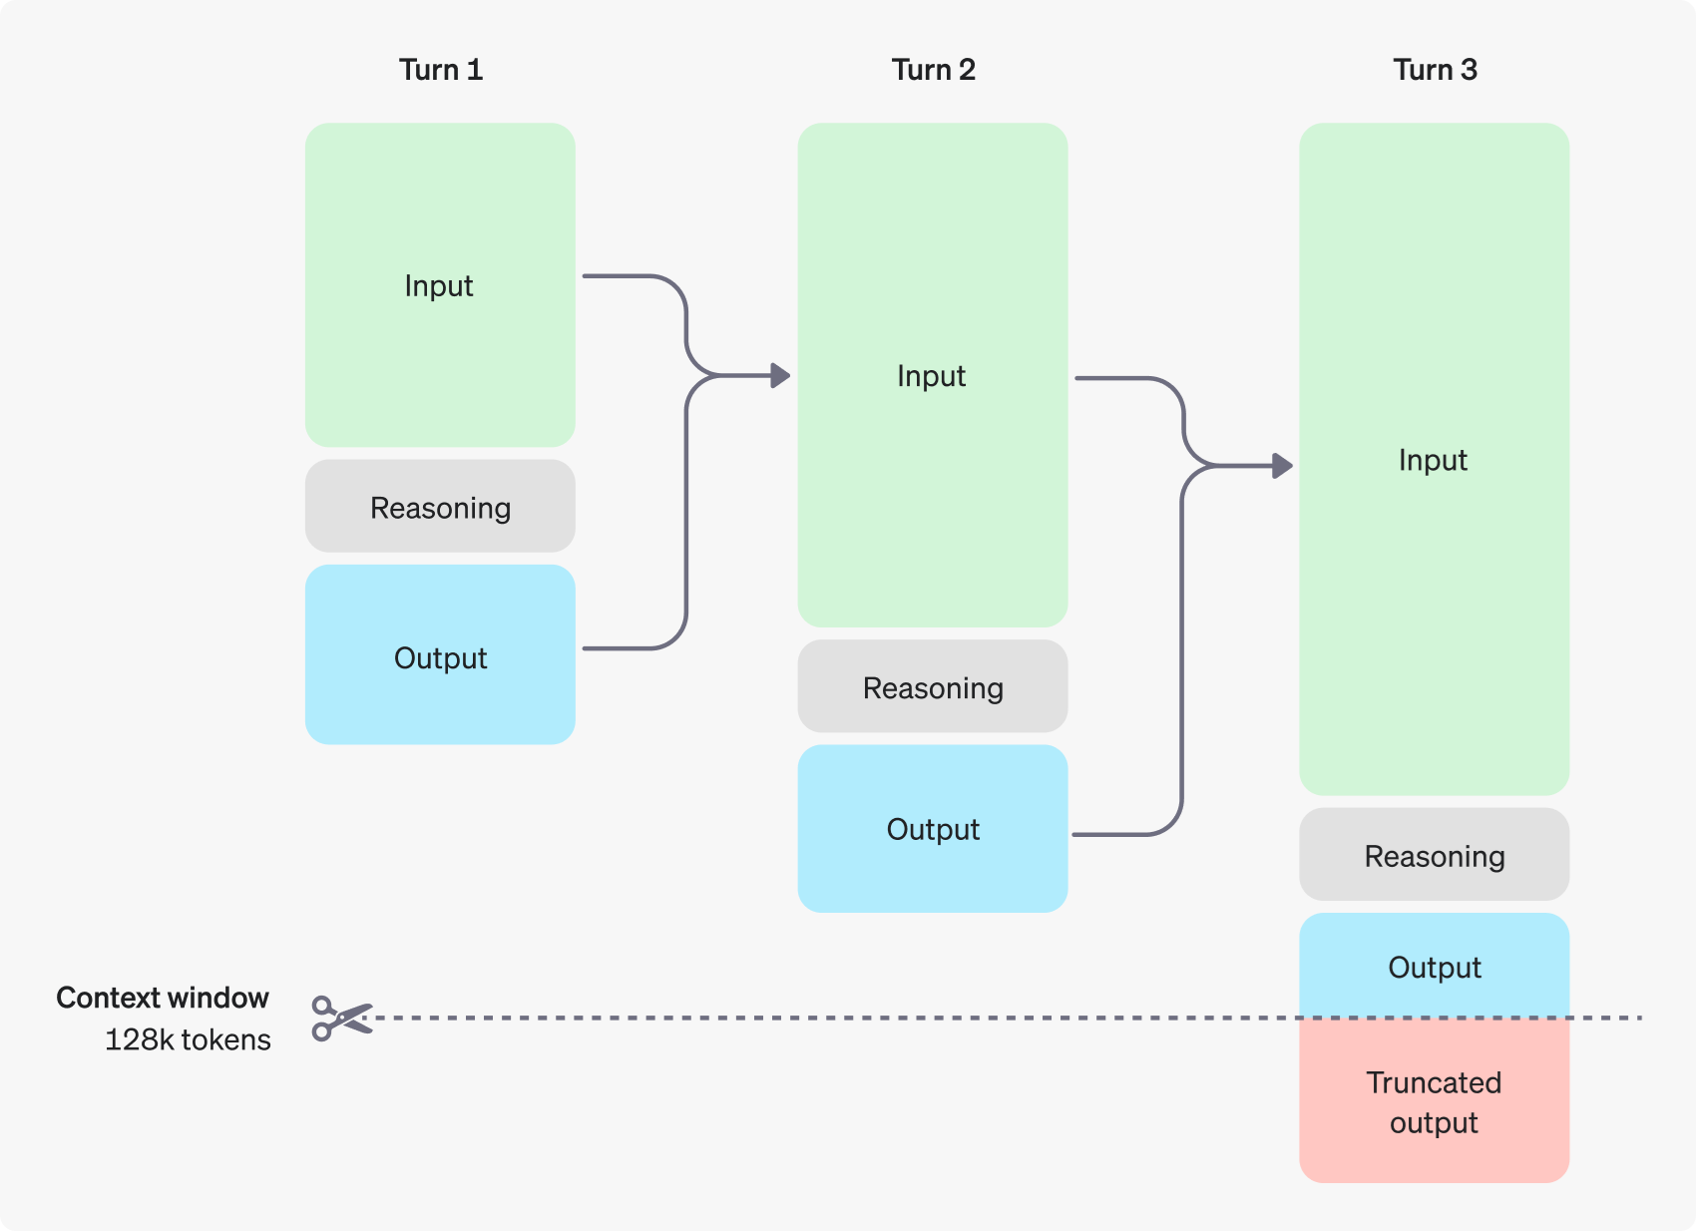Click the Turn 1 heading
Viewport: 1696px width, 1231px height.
click(x=440, y=70)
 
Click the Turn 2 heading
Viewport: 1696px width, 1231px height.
click(x=933, y=70)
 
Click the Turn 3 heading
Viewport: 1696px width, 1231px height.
click(x=1435, y=70)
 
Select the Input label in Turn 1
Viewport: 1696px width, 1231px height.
click(x=439, y=286)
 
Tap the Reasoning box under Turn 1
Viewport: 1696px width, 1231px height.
click(x=440, y=507)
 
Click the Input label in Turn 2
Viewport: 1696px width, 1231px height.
click(x=931, y=376)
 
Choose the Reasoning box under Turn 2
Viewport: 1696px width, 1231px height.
click(x=933, y=687)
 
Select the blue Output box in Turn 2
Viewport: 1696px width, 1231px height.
click(x=933, y=829)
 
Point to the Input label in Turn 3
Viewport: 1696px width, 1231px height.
click(x=1433, y=460)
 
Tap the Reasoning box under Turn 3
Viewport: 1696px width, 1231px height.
click(x=1434, y=855)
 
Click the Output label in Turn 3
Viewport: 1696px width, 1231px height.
click(x=1434, y=967)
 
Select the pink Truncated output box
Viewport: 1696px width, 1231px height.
click(x=1434, y=1102)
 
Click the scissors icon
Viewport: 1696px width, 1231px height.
click(x=340, y=1019)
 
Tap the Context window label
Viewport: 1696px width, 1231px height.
click(x=163, y=998)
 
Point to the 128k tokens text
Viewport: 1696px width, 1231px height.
click(x=188, y=1039)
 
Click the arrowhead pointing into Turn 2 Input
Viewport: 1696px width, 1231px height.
click(x=781, y=376)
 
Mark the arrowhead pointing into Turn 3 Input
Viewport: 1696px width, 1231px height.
click(x=1283, y=465)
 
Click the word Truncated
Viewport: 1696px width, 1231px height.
click(x=1434, y=1082)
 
